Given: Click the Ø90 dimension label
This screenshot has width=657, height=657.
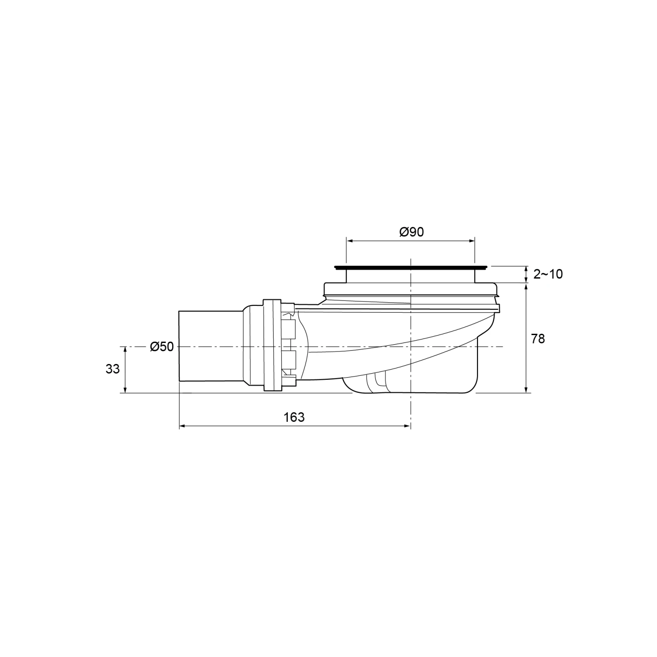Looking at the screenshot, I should point(411,232).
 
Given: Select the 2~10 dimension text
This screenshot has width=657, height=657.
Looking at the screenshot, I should point(547,274).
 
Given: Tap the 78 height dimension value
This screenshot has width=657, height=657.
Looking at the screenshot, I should point(538,339).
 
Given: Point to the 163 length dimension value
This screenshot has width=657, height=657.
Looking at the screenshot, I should point(294,417).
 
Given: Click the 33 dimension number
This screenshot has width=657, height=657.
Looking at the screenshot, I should point(113,369).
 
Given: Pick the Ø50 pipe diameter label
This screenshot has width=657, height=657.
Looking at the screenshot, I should point(162,347).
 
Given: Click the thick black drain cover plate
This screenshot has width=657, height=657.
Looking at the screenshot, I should point(410,267).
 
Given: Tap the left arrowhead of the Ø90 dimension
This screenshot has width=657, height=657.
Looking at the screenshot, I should point(349,240).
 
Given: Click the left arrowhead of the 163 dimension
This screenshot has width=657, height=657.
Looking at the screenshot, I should point(182,426).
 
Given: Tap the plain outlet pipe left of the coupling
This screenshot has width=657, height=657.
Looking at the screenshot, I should point(210,346).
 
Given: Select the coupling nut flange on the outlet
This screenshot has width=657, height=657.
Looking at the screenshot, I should point(272,346).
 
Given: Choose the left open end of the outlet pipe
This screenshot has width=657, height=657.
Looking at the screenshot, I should point(180,346).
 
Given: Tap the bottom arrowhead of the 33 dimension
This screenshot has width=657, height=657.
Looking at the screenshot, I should point(125,390).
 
